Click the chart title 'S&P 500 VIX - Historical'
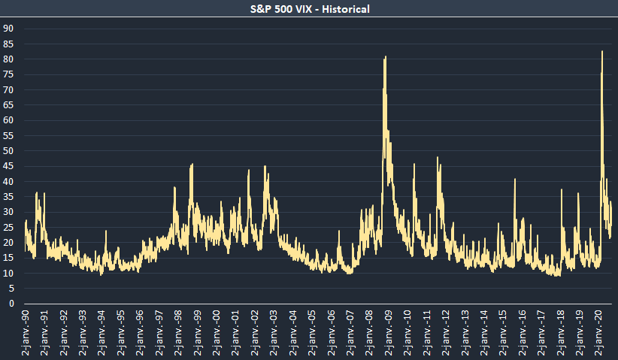309,9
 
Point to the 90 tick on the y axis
9,29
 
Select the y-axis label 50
9,151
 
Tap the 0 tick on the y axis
11,304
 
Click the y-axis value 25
9,227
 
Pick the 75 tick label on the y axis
9,74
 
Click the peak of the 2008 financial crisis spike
386,57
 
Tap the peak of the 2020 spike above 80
602,51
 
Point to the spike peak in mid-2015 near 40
515,179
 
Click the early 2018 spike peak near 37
561,189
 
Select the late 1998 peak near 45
192,164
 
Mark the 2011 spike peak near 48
437,158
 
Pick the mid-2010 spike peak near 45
414,164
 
